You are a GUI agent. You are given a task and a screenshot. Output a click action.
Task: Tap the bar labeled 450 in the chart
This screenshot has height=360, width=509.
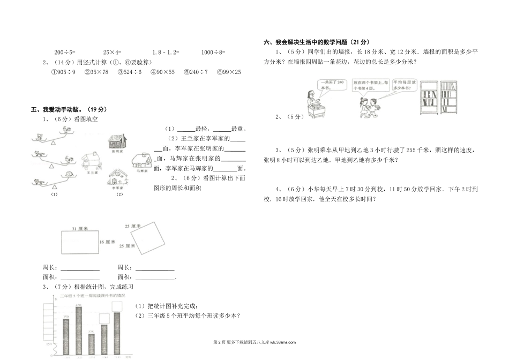click(x=78, y=330)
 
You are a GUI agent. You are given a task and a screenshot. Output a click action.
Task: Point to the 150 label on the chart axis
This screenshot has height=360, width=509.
click(x=48, y=344)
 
